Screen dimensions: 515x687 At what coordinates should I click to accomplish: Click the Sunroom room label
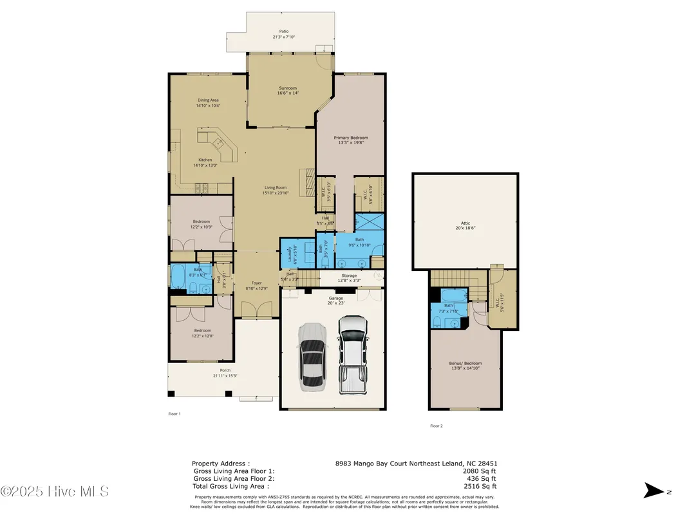point(288,88)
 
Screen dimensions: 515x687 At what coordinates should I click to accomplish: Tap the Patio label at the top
point(283,32)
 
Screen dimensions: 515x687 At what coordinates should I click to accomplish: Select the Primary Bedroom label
point(351,138)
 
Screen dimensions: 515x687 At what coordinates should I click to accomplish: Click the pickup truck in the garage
point(352,356)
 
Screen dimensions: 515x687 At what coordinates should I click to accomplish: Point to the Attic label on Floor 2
point(466,223)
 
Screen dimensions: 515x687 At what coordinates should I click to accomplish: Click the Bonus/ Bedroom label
point(465,363)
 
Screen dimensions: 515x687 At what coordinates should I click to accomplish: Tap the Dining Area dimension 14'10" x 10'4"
point(209,106)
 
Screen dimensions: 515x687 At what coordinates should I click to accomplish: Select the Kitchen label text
point(205,160)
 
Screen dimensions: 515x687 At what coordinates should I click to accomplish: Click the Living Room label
point(275,187)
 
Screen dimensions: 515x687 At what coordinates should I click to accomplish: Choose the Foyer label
point(257,283)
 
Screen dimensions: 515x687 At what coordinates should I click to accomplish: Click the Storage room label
point(349,276)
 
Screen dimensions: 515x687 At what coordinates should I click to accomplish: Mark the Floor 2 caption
point(437,426)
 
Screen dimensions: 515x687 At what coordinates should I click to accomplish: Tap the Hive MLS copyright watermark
point(55,491)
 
